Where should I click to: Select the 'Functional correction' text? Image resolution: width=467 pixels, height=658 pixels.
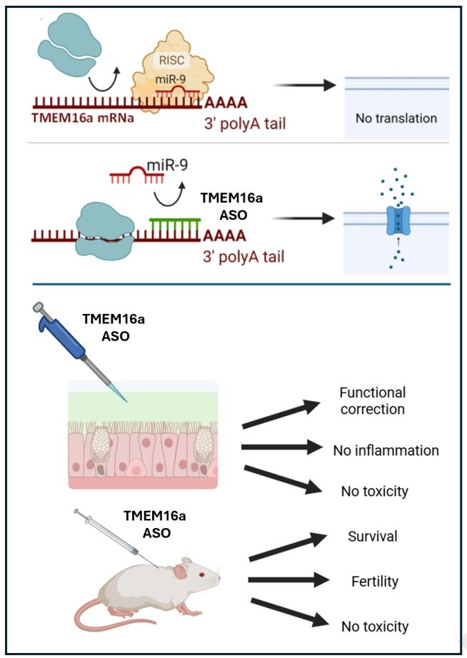tap(372, 401)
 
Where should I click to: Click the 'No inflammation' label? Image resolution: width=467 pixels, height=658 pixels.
tap(386, 450)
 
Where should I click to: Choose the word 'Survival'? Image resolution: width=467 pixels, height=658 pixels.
tap(372, 536)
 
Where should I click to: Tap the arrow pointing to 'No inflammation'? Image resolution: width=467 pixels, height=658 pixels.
tap(282, 448)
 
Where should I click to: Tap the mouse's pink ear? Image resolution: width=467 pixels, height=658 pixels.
tap(183, 569)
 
